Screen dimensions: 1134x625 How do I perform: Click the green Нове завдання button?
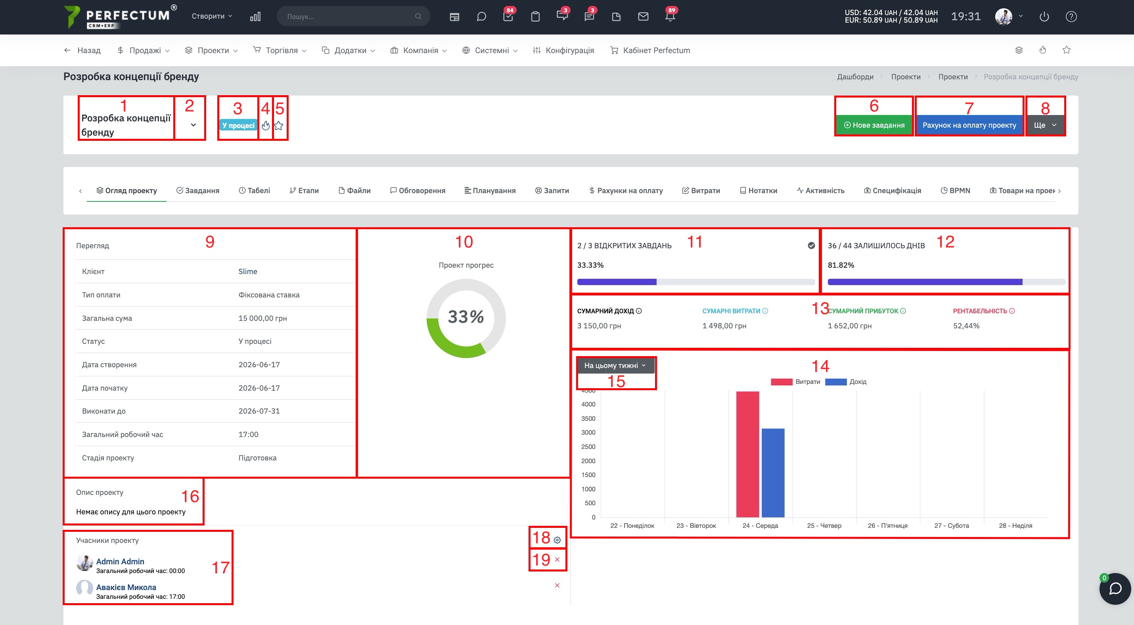click(874, 125)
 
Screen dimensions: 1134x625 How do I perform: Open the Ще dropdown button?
click(1045, 125)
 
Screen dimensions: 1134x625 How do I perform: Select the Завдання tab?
click(198, 191)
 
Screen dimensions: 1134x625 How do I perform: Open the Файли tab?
click(354, 191)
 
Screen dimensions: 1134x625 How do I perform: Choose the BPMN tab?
click(955, 191)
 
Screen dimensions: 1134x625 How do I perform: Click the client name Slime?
click(248, 272)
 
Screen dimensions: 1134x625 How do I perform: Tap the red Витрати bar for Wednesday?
click(747, 454)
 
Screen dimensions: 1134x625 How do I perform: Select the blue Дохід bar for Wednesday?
click(773, 473)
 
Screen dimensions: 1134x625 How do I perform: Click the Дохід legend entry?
click(846, 382)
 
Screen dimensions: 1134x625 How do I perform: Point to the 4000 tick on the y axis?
click(588, 405)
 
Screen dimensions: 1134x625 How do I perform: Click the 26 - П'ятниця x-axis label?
click(887, 525)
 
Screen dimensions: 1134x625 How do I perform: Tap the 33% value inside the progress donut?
click(466, 317)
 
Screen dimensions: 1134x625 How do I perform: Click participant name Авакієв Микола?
click(126, 587)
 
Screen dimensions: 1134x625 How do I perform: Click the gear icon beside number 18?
click(557, 540)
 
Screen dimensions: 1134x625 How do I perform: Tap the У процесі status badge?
click(238, 125)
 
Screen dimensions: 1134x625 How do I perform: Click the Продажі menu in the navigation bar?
click(144, 51)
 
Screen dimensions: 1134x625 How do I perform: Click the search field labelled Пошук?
click(353, 16)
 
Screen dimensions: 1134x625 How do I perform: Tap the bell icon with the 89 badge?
click(670, 16)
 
